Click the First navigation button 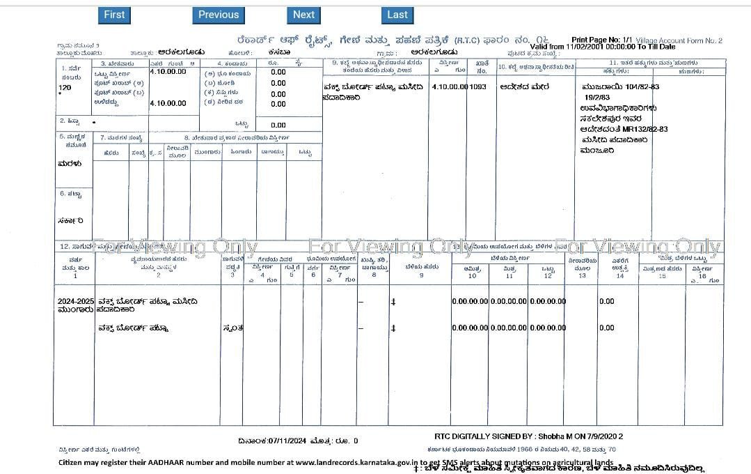point(114,15)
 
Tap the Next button point(303,15)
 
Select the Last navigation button point(397,15)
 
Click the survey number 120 point(65,88)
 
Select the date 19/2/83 point(597,98)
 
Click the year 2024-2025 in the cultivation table point(75,301)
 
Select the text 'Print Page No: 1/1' point(601,40)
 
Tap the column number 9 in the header point(421,276)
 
